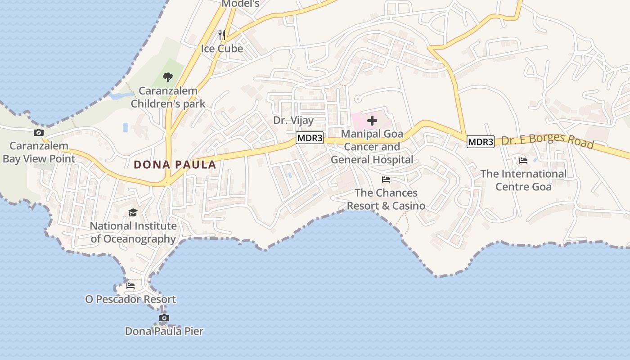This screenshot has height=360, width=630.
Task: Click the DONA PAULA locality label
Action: (175, 165)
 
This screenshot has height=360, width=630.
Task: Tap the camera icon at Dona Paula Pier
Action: (164, 318)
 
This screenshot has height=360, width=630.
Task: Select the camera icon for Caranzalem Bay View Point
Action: (39, 132)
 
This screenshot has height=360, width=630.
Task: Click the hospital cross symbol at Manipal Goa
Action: (372, 120)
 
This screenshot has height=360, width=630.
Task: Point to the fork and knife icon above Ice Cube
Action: (221, 35)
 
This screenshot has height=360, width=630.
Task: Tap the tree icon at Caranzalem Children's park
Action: (168, 77)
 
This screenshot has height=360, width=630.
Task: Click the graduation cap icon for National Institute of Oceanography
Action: (133, 212)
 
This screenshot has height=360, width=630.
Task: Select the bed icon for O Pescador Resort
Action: (130, 285)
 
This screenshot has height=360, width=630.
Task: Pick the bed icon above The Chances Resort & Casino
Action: (386, 180)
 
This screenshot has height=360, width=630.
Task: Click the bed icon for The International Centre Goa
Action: (523, 160)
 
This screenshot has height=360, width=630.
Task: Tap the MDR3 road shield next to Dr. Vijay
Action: (310, 138)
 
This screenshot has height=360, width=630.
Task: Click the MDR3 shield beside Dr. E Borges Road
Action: (481, 142)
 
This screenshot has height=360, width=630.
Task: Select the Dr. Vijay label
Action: (293, 121)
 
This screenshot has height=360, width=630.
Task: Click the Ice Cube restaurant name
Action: (222, 49)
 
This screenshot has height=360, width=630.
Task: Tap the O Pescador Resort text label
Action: (130, 299)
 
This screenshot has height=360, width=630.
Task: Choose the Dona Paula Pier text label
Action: (164, 332)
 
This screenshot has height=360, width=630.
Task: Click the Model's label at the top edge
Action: (241, 4)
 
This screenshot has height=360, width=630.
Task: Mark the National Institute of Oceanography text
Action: (133, 232)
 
